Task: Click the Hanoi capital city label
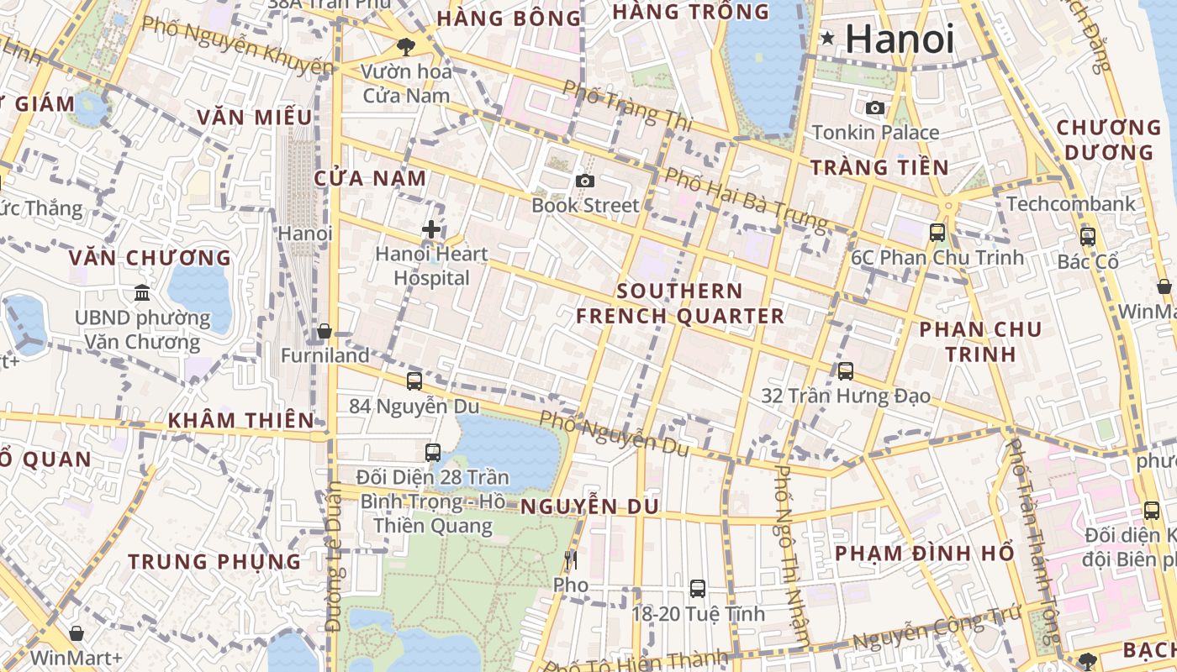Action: click(x=899, y=39)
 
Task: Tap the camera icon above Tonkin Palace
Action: click(x=875, y=108)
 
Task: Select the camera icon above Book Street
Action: click(x=585, y=181)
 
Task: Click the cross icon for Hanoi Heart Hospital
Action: click(x=431, y=229)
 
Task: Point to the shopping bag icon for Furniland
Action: click(x=325, y=332)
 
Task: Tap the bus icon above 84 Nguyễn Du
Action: click(x=414, y=381)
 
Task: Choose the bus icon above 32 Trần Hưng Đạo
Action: click(x=846, y=370)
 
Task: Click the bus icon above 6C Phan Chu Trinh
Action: click(x=937, y=233)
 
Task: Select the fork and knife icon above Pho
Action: click(x=571, y=560)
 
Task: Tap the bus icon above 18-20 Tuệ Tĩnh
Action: click(x=698, y=589)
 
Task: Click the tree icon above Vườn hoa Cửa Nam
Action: click(x=407, y=47)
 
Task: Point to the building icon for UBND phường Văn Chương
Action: click(x=142, y=293)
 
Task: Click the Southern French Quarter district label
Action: click(x=679, y=303)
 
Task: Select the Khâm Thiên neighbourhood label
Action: click(x=240, y=420)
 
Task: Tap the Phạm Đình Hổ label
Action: click(x=924, y=554)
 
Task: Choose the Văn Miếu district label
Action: click(x=254, y=117)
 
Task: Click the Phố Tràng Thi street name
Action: click(x=627, y=106)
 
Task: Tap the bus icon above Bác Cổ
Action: click(x=1088, y=237)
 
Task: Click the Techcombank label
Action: click(x=1070, y=204)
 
